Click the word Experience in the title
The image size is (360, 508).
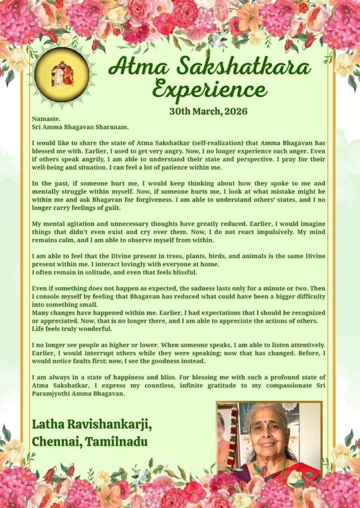click(210, 91)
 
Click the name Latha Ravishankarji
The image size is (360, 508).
click(92, 425)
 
